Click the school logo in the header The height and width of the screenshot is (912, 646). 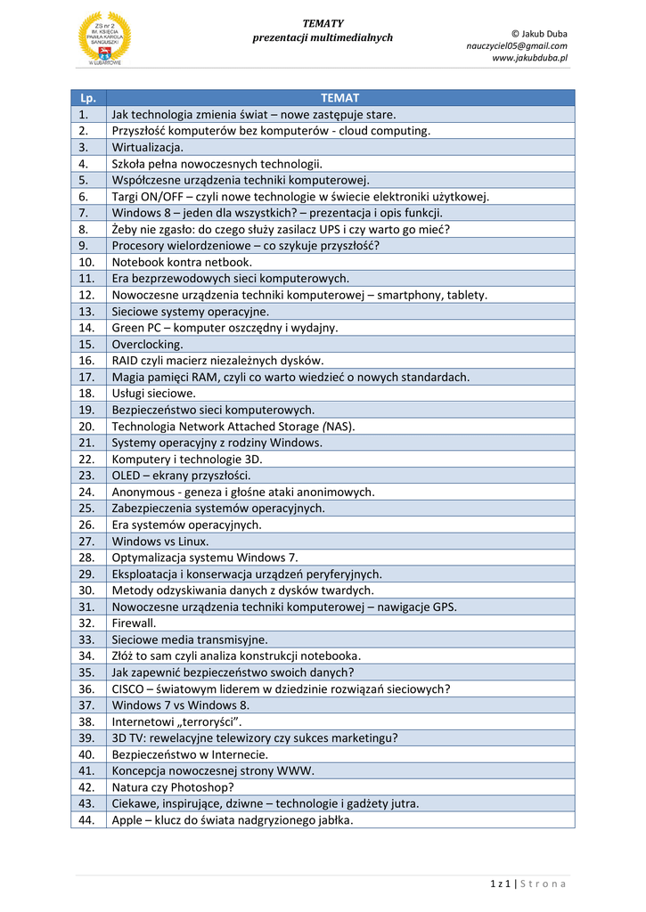point(104,38)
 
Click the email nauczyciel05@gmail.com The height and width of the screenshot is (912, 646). point(516,45)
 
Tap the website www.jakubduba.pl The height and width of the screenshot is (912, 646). point(529,58)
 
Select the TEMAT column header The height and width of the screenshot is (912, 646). point(339,98)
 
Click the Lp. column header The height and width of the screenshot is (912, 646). point(88,98)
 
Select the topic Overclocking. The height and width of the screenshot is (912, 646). point(147,344)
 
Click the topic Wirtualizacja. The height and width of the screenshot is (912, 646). point(147,147)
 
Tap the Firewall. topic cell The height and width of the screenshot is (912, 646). point(134,623)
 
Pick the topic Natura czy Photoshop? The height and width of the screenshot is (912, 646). point(173,787)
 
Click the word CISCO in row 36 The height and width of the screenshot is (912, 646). point(127,688)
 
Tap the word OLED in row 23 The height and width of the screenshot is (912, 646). point(126,476)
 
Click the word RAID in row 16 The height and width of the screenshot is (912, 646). point(126,361)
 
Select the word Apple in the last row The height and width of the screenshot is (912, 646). point(127,820)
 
